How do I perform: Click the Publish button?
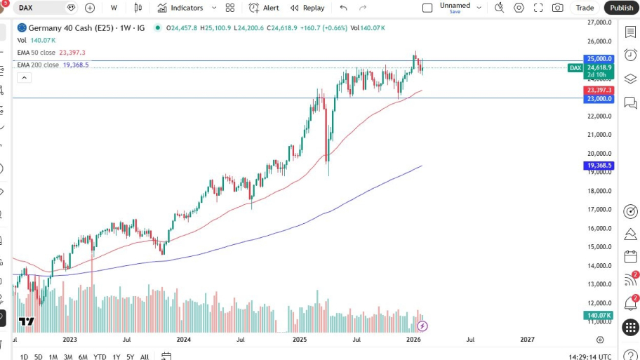pos(621,8)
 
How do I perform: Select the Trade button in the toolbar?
pos(585,8)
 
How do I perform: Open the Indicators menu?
pos(180,8)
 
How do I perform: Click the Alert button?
pos(265,8)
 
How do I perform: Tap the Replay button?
pos(307,8)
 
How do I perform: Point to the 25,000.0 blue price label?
pos(599,59)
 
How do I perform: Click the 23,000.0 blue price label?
pos(599,99)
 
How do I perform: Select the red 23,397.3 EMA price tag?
pos(599,91)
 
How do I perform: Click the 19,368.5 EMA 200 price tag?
pos(599,166)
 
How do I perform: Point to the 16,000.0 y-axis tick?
pos(600,228)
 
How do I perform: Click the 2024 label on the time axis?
pos(184,340)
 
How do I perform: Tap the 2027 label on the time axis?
pos(527,340)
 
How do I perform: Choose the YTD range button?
pos(100,356)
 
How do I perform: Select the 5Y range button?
pos(131,356)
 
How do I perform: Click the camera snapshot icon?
pos(557,8)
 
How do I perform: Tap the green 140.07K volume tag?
pos(599,315)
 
